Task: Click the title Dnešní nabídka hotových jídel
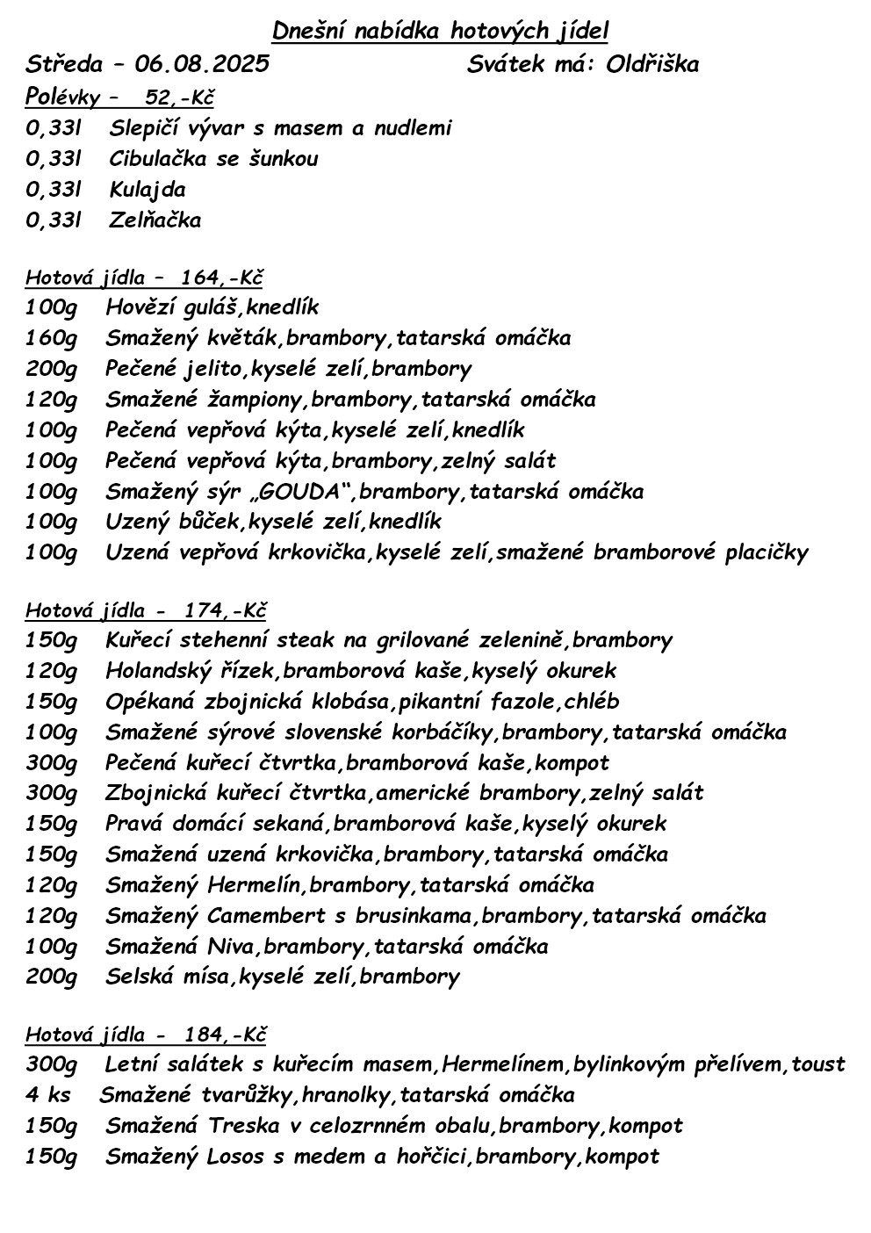pyautogui.click(x=440, y=32)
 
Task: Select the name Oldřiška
pyautogui.click(x=652, y=64)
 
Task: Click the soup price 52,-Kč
pyautogui.click(x=180, y=97)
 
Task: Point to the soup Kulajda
pyautogui.click(x=148, y=190)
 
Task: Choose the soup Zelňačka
pyautogui.click(x=155, y=220)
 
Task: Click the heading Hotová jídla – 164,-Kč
pyautogui.click(x=144, y=278)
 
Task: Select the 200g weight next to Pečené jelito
pyautogui.click(x=52, y=369)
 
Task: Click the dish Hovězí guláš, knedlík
pyautogui.click(x=212, y=307)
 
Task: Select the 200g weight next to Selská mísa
pyautogui.click(x=52, y=977)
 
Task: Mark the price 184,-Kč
pyautogui.click(x=225, y=1034)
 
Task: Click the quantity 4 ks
pyautogui.click(x=49, y=1095)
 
